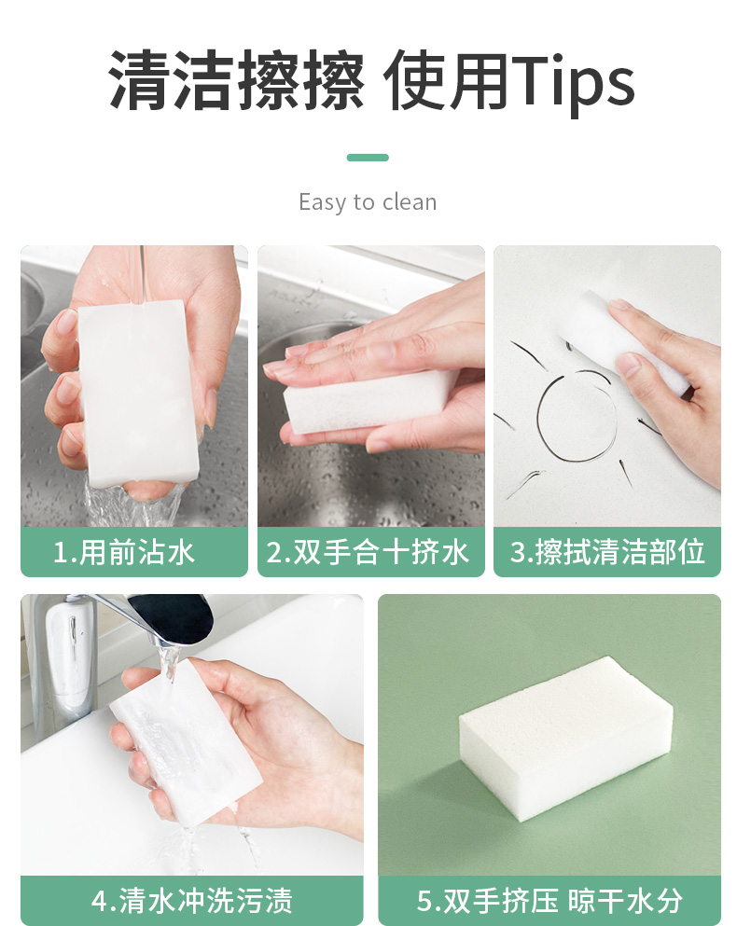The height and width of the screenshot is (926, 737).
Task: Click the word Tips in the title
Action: click(574, 82)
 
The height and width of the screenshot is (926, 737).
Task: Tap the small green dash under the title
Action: click(368, 157)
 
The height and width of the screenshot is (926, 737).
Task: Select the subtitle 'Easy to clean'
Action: click(368, 202)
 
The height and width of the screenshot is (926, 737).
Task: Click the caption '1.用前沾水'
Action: click(123, 552)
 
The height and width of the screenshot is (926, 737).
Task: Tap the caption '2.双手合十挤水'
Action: click(368, 552)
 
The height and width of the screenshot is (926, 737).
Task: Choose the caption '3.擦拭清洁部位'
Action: click(607, 552)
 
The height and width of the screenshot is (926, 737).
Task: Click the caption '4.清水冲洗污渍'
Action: click(192, 901)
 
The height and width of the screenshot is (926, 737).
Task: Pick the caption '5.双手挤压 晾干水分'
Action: click(549, 901)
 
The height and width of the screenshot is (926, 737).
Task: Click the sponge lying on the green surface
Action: click(565, 739)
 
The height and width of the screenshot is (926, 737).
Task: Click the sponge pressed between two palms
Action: click(369, 403)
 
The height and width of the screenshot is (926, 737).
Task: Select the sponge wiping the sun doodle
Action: click(623, 342)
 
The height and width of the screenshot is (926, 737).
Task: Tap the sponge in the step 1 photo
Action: click(138, 393)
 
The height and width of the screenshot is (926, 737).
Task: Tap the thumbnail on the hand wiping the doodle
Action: click(628, 364)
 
